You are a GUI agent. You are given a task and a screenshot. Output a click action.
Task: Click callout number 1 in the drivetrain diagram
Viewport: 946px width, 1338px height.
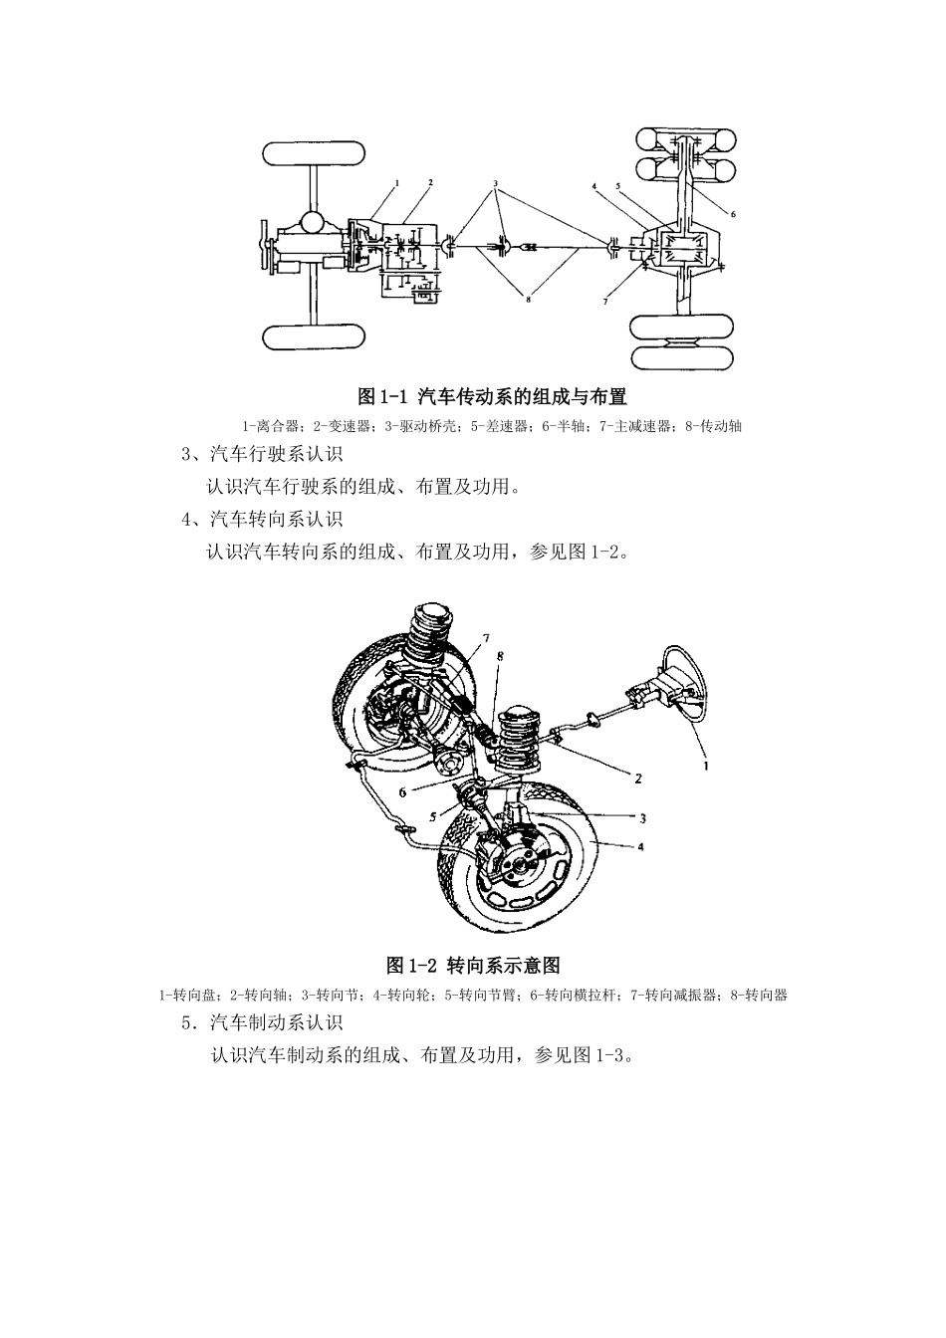[396, 183]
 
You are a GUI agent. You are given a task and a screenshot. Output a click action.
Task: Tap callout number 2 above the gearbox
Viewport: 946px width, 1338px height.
[429, 183]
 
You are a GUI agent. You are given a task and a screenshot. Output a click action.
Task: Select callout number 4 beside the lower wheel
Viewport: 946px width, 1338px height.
[641, 847]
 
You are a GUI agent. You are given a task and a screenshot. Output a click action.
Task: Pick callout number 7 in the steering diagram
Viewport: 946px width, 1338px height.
[486, 638]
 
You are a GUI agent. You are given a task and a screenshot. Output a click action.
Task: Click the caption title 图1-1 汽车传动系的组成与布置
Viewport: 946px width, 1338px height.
[493, 397]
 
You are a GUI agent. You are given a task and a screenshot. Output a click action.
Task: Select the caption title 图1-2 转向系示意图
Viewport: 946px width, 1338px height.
[473, 966]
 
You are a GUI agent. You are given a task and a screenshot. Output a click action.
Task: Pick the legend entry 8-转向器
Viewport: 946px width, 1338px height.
[759, 995]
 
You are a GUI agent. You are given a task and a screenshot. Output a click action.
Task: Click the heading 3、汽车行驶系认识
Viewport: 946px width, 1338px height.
[261, 456]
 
